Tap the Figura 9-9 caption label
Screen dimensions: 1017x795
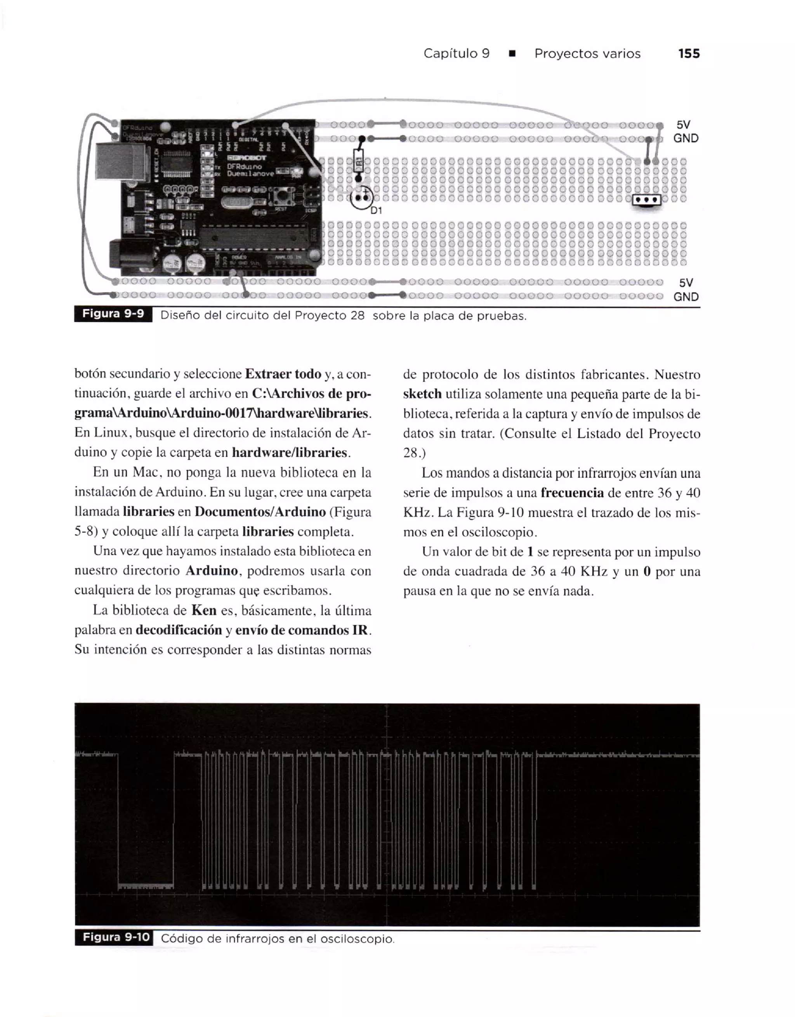point(113,314)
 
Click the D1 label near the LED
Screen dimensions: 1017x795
point(376,210)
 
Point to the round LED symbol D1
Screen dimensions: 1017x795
point(361,197)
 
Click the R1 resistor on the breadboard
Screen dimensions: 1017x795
point(358,161)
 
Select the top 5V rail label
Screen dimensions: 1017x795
point(683,125)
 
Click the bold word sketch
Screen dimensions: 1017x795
point(422,394)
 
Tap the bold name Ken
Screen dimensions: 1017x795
point(203,610)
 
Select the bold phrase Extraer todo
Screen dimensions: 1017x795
point(283,374)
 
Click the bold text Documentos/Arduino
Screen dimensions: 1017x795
point(260,512)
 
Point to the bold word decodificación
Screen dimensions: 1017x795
point(179,630)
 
